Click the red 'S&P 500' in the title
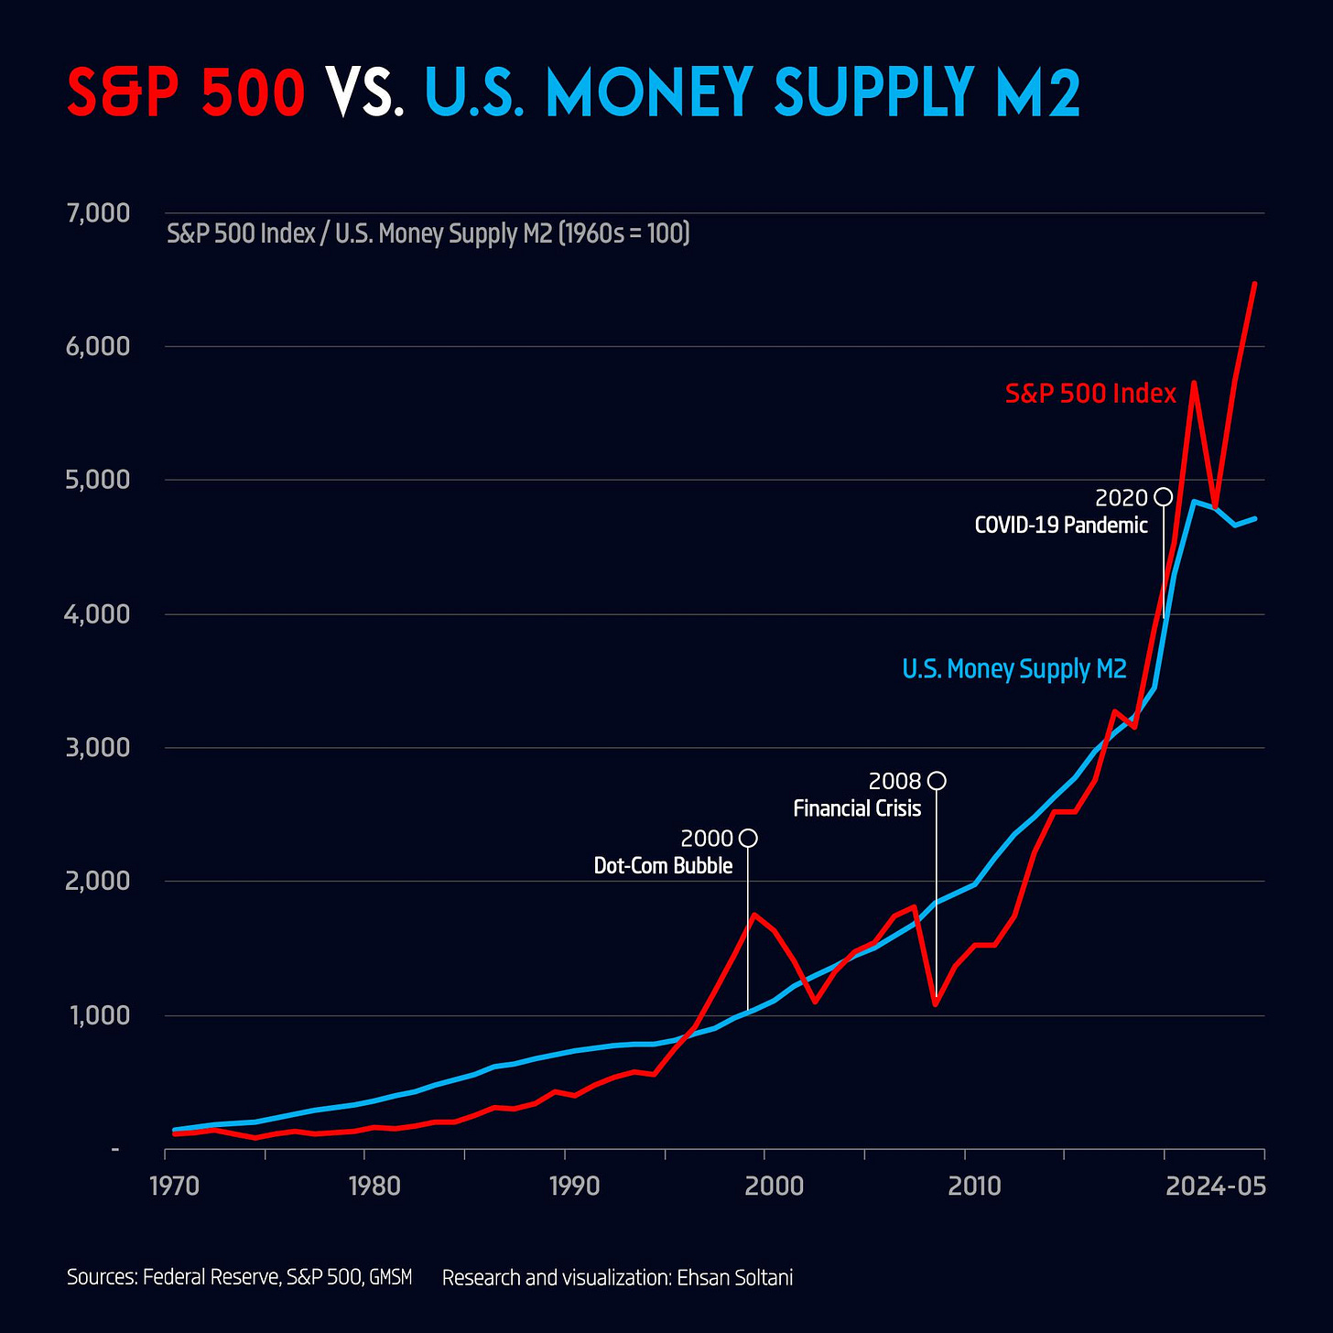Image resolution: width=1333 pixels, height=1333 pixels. click(x=186, y=93)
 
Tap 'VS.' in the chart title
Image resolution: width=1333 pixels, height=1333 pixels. click(x=364, y=93)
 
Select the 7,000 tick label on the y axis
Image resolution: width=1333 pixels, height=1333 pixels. click(x=98, y=213)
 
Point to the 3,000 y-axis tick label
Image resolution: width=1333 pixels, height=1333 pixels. click(x=98, y=748)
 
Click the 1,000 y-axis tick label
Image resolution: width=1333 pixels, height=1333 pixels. click(x=98, y=1015)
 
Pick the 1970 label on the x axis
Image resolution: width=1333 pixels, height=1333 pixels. click(x=174, y=1187)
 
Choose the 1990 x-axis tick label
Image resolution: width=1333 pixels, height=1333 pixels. click(x=574, y=1187)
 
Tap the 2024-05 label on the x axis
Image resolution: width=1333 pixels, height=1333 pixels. click(x=1215, y=1187)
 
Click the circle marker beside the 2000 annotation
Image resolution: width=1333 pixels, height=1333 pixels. click(x=748, y=838)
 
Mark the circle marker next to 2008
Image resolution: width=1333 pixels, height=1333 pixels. click(x=937, y=780)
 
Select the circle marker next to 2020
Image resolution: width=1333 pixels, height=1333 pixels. click(x=1163, y=496)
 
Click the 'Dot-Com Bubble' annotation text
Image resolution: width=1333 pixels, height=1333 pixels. click(x=663, y=866)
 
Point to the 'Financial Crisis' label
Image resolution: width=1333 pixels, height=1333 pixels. click(x=857, y=808)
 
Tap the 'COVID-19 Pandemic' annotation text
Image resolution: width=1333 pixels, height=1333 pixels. click(x=1060, y=526)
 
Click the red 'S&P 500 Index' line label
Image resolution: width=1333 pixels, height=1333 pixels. click(x=1089, y=394)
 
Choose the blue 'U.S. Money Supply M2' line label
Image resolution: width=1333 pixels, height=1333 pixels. click(x=1013, y=669)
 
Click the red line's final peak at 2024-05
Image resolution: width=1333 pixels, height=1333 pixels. click(x=1254, y=284)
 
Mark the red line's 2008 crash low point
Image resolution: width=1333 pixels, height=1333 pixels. click(x=936, y=1004)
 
